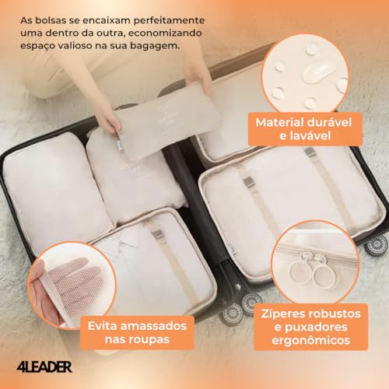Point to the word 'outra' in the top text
pyautogui.click(x=107, y=32)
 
